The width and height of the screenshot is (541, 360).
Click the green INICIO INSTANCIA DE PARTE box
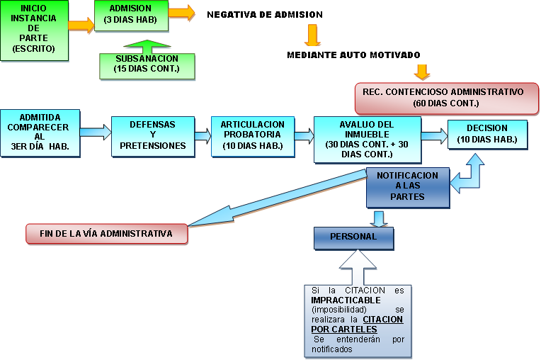(34, 30)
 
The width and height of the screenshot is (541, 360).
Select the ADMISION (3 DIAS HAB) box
(131, 16)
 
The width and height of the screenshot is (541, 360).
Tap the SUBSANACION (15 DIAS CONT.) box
(147, 67)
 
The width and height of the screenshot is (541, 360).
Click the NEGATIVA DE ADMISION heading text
(265, 14)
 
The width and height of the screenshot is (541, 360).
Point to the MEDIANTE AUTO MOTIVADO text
(353, 55)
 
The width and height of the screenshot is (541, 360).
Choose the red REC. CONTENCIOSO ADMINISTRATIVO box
(446, 99)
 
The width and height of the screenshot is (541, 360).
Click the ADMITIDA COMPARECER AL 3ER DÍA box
(40, 133)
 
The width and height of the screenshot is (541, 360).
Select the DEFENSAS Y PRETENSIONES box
(153, 137)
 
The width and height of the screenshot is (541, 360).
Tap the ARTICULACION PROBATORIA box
(253, 137)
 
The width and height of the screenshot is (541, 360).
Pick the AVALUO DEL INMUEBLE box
(367, 140)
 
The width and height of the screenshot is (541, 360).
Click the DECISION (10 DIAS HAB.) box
(487, 135)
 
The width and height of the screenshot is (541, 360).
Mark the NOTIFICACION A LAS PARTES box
(408, 187)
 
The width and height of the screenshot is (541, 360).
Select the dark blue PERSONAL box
(353, 238)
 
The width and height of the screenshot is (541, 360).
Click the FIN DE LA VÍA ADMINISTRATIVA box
(107, 234)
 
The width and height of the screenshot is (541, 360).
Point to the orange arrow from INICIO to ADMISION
(81, 26)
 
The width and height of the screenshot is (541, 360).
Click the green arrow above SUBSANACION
(147, 47)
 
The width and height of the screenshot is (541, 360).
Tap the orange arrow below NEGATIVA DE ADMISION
(312, 35)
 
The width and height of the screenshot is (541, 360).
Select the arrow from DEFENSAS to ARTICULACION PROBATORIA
(203, 135)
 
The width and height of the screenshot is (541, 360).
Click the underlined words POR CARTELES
(344, 330)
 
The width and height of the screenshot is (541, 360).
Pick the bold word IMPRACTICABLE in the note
(346, 300)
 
